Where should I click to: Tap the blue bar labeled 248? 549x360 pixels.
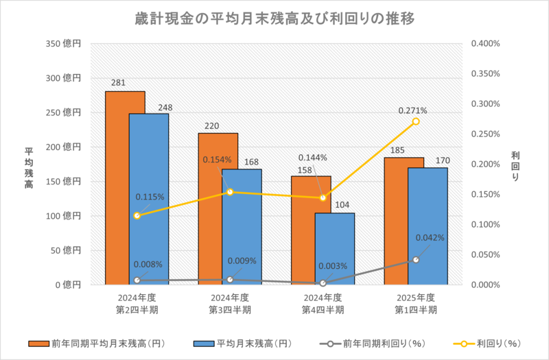click(x=148, y=199)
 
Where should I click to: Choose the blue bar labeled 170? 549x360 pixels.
click(x=428, y=226)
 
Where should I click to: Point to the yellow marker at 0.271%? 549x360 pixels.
click(x=416, y=121)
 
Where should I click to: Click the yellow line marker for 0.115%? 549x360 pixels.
click(x=137, y=215)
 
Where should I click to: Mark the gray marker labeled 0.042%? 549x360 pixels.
click(x=416, y=259)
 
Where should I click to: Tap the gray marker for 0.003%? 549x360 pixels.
click(x=323, y=283)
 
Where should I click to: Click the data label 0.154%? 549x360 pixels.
click(x=217, y=160)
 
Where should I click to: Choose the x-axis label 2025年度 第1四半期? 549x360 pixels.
click(x=416, y=303)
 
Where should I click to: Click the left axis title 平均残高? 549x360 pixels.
click(x=30, y=164)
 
